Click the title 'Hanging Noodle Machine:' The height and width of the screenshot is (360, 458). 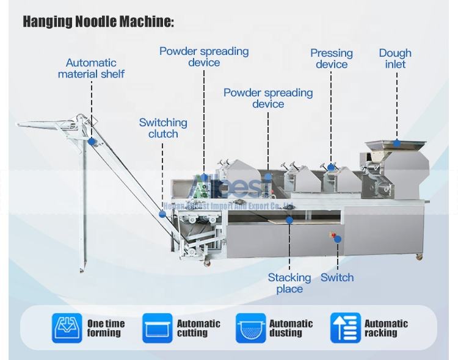point(98,22)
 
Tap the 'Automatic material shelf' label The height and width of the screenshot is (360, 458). point(91,68)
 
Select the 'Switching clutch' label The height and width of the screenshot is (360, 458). point(163,128)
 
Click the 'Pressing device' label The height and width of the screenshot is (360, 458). point(332,59)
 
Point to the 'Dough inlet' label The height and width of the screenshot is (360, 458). point(395,59)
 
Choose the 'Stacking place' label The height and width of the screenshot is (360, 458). point(289,283)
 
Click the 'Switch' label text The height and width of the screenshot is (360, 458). point(337,278)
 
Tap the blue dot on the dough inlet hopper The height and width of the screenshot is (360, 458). point(397,143)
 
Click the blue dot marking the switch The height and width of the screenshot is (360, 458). point(337,239)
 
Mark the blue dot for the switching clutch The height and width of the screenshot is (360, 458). point(162,214)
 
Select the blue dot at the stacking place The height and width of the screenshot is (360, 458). point(289,220)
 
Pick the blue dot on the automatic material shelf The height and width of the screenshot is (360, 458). point(92,142)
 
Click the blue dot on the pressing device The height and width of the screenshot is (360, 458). point(331,167)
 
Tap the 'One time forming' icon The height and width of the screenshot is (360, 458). point(67,328)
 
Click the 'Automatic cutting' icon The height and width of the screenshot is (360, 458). point(158,328)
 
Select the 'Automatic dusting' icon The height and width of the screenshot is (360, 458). point(251,328)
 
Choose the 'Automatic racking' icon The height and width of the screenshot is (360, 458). point(346,328)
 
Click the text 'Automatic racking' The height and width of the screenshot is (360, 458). point(386,328)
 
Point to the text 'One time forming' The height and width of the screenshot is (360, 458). point(106,328)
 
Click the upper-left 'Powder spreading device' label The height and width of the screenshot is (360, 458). point(204,57)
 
